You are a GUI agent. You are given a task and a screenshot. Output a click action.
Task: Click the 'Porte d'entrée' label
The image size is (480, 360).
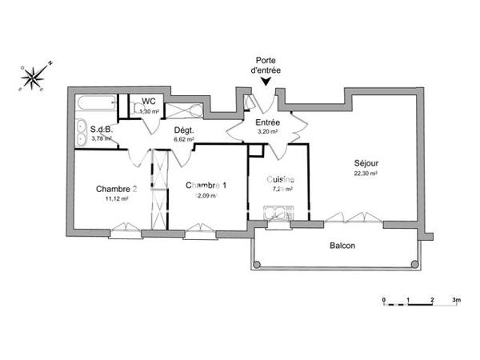pos(266,66)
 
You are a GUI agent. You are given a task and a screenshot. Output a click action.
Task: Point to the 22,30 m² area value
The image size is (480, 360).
pos(366,172)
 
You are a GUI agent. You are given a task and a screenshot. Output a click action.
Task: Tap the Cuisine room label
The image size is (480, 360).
pos(281,179)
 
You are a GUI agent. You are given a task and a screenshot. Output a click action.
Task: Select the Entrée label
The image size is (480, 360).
pos(266,122)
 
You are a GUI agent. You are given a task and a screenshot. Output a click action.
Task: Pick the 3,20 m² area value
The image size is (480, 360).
pos(267,132)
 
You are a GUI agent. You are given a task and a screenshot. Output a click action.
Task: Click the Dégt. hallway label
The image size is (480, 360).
pos(184,129)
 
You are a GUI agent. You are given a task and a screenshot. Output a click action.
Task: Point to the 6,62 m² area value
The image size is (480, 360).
pos(184,138)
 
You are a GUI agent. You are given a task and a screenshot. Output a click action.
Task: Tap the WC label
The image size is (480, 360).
pos(148,102)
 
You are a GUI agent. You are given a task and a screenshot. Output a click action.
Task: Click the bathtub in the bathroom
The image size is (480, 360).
pos(94,105)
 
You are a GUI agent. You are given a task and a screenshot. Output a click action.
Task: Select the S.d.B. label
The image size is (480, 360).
pos(102,129)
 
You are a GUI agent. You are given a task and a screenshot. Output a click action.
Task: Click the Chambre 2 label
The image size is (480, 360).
pos(116,189)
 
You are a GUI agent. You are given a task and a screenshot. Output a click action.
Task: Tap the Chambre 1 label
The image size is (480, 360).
pos(206,186)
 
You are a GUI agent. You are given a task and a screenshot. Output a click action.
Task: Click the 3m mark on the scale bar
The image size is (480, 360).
pos(455,299)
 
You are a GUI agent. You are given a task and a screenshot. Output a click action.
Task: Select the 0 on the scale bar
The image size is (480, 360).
pos(384,299)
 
